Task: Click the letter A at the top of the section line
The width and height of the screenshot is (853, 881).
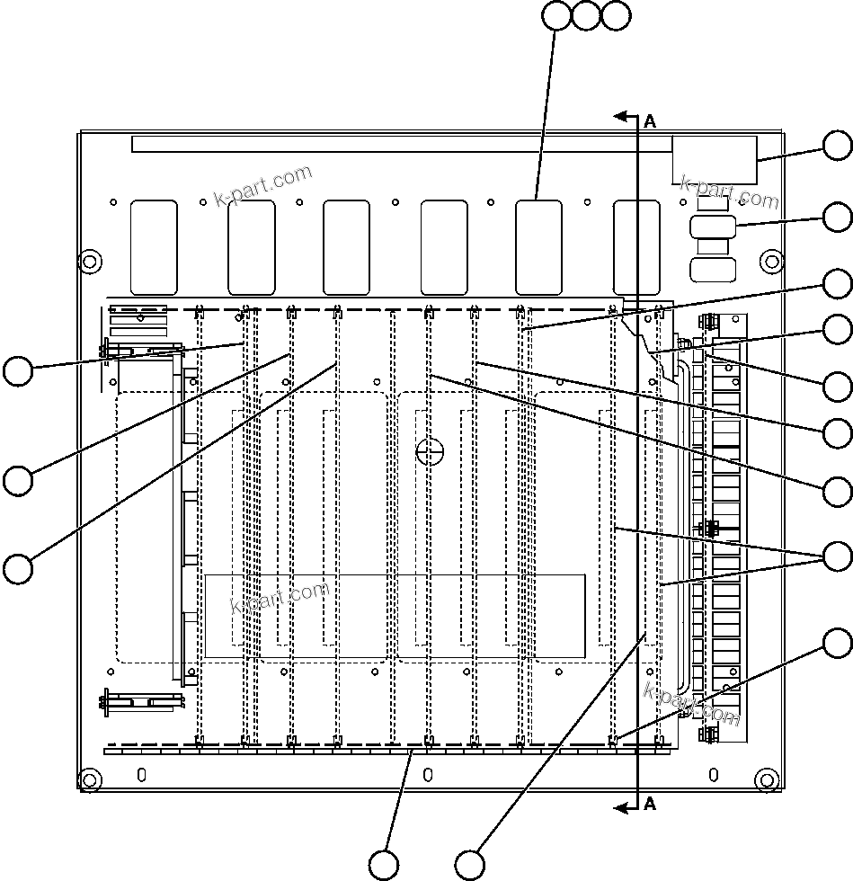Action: (x=650, y=121)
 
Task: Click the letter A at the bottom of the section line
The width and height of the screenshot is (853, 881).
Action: (x=650, y=804)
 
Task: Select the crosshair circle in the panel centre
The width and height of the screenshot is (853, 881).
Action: (x=431, y=451)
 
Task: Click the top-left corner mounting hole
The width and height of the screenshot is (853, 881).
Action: (x=89, y=262)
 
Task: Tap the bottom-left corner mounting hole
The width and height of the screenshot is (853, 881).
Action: (x=89, y=779)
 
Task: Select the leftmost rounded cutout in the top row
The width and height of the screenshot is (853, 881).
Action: (x=154, y=247)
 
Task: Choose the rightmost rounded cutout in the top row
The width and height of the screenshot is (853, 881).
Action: (x=636, y=247)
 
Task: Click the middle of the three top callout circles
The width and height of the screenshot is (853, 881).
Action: (x=586, y=15)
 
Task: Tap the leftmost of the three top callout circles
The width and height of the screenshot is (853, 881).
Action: (x=557, y=15)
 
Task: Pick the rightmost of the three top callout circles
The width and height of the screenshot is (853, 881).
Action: (x=616, y=15)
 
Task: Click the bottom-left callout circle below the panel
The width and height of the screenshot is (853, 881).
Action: (x=385, y=864)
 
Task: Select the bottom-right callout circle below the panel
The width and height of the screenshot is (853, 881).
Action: (x=469, y=864)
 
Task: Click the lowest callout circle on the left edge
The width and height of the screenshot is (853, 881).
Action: (x=17, y=569)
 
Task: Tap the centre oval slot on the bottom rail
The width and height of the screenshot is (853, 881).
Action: (x=428, y=774)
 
